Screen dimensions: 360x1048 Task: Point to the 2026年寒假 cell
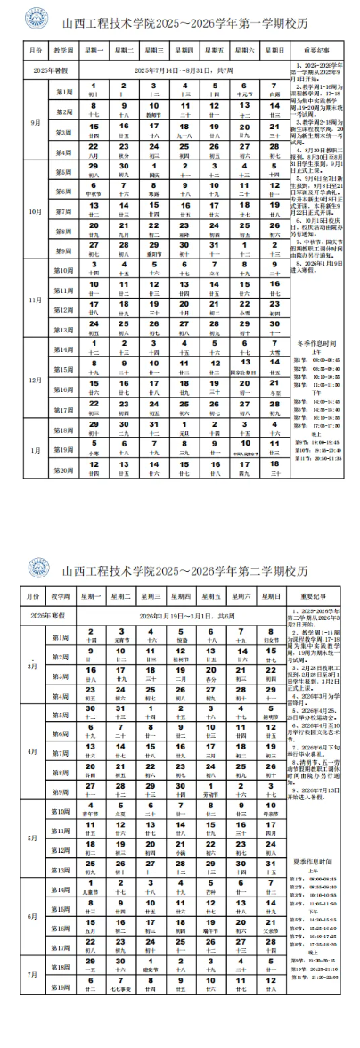[50, 616]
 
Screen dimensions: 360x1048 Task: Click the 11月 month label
[36, 299]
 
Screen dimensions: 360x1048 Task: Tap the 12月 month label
[36, 380]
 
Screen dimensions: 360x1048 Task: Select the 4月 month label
[36, 751]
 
